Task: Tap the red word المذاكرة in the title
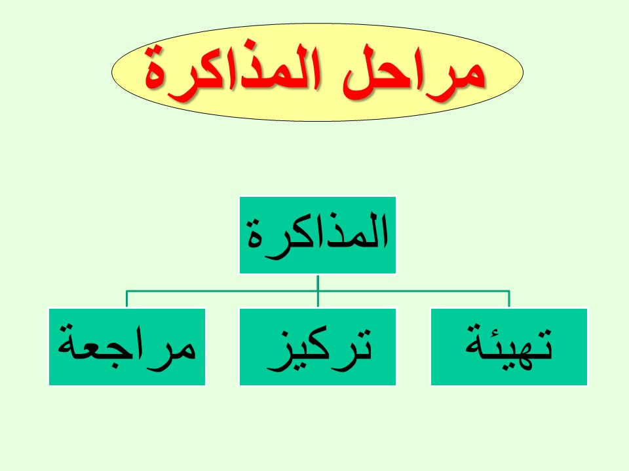pyautogui.click(x=233, y=72)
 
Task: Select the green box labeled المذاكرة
pyautogui.click(x=317, y=235)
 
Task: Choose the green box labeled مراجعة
pyautogui.click(x=126, y=347)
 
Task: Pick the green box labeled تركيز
pyautogui.click(x=317, y=347)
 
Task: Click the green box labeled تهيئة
pyautogui.click(x=508, y=347)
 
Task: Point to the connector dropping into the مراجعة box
pyautogui.click(x=126, y=299)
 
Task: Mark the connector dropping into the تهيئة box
pyautogui.click(x=509, y=299)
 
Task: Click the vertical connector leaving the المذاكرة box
pyautogui.click(x=318, y=290)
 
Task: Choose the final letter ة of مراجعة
pyautogui.click(x=67, y=345)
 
